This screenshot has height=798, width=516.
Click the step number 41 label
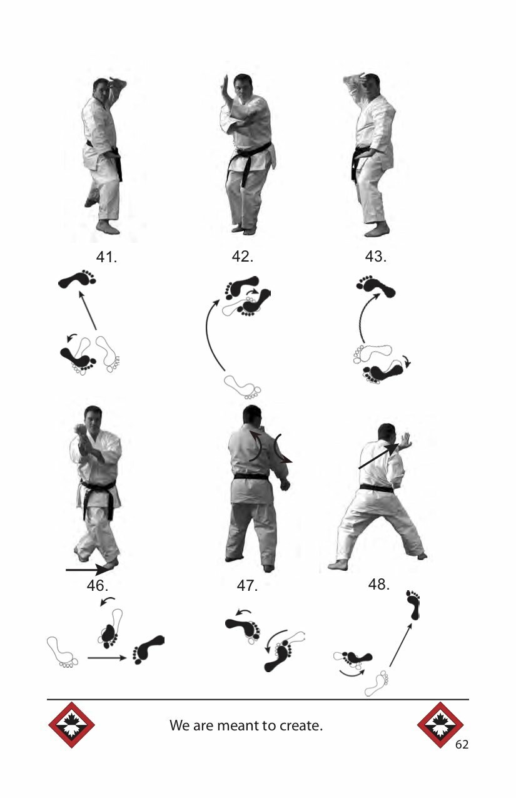coord(106,257)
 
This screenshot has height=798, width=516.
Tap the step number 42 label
coord(243,256)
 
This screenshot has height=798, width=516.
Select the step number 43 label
coord(376,256)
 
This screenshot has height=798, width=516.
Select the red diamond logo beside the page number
coord(440,725)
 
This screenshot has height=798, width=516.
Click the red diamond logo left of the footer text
coord(71,725)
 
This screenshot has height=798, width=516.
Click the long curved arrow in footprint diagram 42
coord(207,331)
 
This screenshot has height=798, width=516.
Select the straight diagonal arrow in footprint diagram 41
coord(88,310)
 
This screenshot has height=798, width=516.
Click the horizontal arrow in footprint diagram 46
coord(107,658)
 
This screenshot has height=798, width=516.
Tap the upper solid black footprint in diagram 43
coord(376,285)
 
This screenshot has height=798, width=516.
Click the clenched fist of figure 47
coord(285,485)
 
